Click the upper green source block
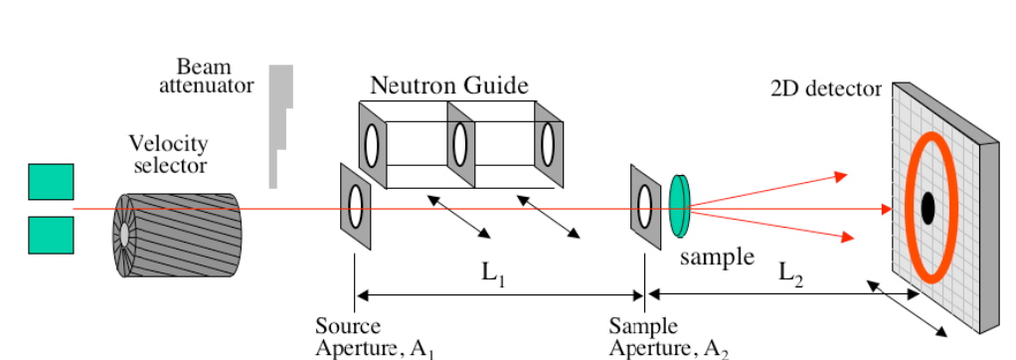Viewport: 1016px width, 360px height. pos(51,182)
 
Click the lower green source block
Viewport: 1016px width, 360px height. pos(51,235)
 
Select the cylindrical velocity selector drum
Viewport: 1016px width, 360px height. pos(177,235)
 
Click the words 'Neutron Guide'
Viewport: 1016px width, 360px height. pos(449,86)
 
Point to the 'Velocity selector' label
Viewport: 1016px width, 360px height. pos(168,154)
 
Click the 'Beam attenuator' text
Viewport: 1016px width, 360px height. pos(206,76)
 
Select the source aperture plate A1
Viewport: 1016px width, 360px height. pos(355,206)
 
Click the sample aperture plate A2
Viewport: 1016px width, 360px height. pos(645,207)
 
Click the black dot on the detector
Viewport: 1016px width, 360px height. pos(928,208)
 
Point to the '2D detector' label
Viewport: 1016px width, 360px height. pos(826,89)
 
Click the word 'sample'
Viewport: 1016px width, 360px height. pos(718,258)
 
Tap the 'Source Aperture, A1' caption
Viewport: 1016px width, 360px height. pos(374,337)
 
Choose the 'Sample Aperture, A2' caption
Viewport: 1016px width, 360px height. pos(669,337)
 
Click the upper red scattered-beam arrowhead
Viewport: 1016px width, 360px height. pos(841,176)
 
